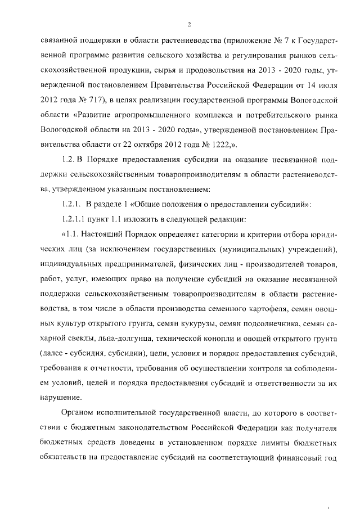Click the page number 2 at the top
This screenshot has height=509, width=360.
click(190, 24)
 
